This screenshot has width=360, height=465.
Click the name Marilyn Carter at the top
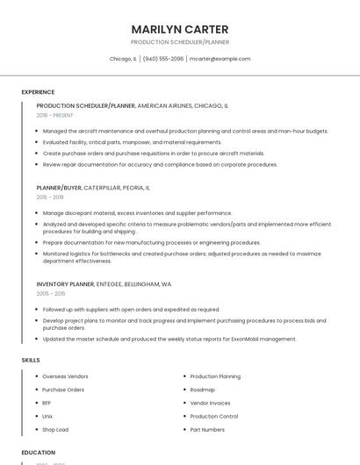tap(179, 29)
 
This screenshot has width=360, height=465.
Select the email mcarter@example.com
tap(220, 59)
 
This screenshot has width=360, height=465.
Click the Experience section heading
tap(38, 92)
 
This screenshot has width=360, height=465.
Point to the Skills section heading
tap(31, 360)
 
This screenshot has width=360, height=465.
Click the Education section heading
tap(38, 452)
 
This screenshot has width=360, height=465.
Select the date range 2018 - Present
tap(55, 115)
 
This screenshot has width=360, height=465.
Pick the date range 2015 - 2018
tap(50, 197)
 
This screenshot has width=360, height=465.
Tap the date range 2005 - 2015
tap(50, 294)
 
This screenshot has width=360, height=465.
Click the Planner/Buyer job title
tap(59, 188)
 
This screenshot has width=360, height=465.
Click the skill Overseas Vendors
tap(65, 376)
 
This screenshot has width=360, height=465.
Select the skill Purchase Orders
tap(63, 390)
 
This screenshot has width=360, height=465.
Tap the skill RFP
tap(47, 403)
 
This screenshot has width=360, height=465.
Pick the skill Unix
tap(47, 416)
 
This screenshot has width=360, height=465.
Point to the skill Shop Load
tap(55, 430)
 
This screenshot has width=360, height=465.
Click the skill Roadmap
tap(202, 390)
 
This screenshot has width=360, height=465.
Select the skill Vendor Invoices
tap(210, 403)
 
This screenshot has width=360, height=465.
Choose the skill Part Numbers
tap(207, 430)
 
